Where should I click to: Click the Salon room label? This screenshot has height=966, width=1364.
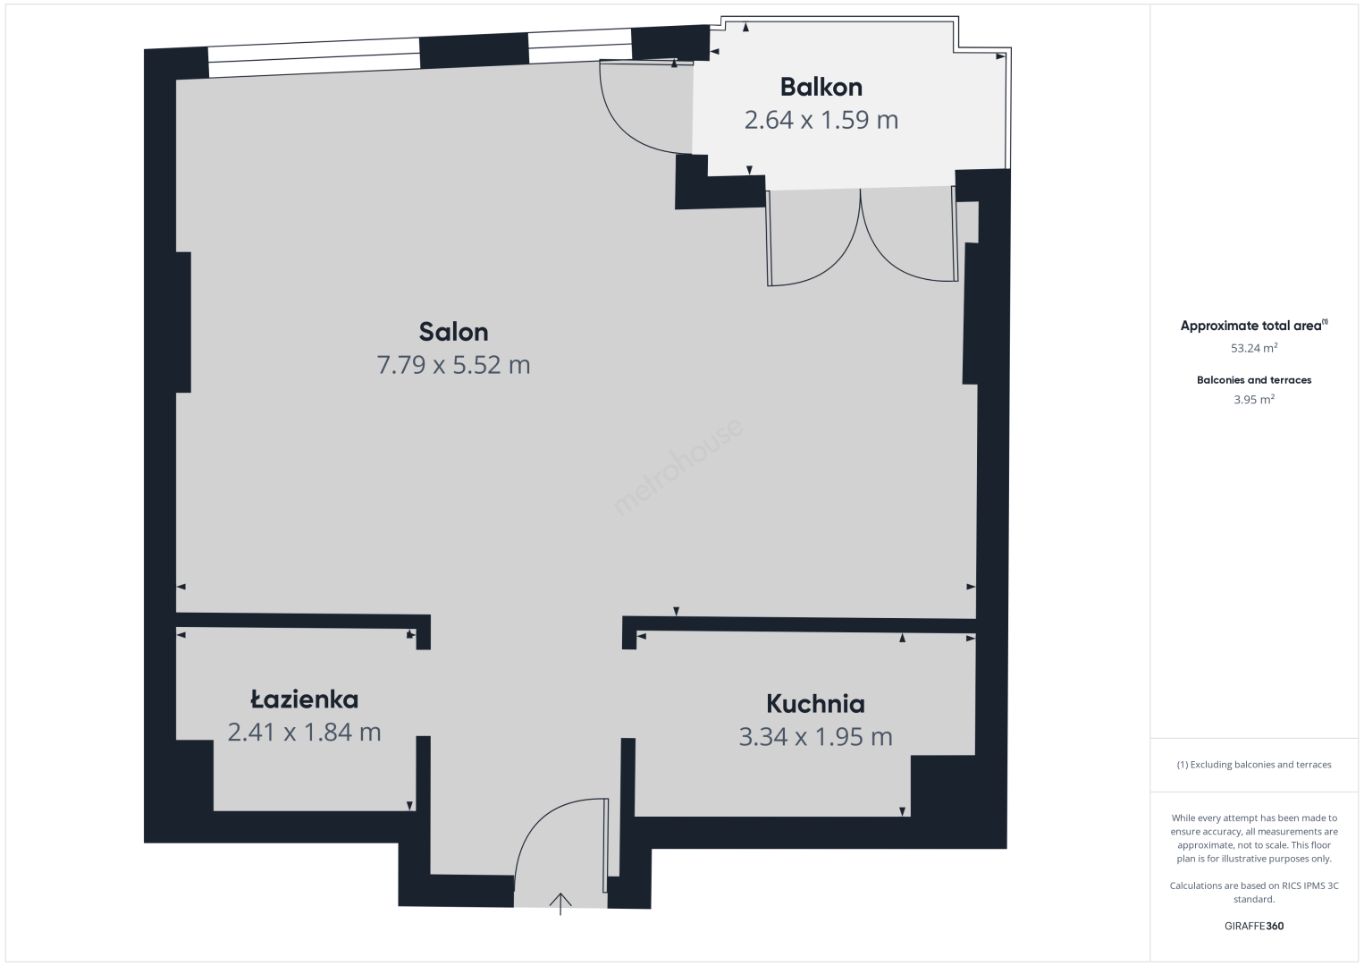click(x=454, y=332)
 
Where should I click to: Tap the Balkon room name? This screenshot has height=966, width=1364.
click(x=821, y=87)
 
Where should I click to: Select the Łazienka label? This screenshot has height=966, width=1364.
click(x=305, y=699)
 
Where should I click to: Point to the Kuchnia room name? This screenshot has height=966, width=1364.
click(x=815, y=704)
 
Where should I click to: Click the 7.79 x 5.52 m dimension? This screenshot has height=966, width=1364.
click(x=454, y=365)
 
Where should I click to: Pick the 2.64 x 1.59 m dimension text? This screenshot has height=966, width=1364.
click(x=821, y=120)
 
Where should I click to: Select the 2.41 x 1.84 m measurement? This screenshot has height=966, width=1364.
click(x=305, y=732)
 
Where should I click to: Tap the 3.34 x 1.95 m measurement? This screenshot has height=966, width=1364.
click(x=815, y=737)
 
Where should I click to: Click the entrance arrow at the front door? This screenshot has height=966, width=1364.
click(x=560, y=903)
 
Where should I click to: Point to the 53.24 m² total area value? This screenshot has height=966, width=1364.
click(x=1254, y=348)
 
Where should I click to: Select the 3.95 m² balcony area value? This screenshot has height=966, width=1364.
click(x=1254, y=399)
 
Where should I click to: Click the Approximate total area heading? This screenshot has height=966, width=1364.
click(x=1254, y=326)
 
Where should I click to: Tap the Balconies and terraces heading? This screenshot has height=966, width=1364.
click(x=1254, y=380)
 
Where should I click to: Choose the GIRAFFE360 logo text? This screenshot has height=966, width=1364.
click(x=1254, y=926)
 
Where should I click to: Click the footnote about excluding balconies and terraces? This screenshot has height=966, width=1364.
click(x=1254, y=764)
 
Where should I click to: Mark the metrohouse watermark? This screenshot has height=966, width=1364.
click(x=678, y=466)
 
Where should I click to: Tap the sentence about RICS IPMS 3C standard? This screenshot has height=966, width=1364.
click(x=1254, y=893)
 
